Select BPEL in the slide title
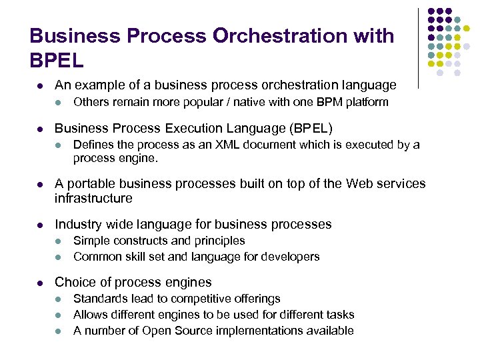pyautogui.click(x=57, y=61)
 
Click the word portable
pyautogui.click(x=93, y=184)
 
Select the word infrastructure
pyautogui.click(x=93, y=198)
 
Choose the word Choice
pyautogui.click(x=75, y=282)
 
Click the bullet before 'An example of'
pyautogui.click(x=39, y=85)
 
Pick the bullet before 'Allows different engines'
pyautogui.click(x=59, y=315)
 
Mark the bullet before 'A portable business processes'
pyautogui.click(x=39, y=184)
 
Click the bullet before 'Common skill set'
pyautogui.click(x=59, y=257)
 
